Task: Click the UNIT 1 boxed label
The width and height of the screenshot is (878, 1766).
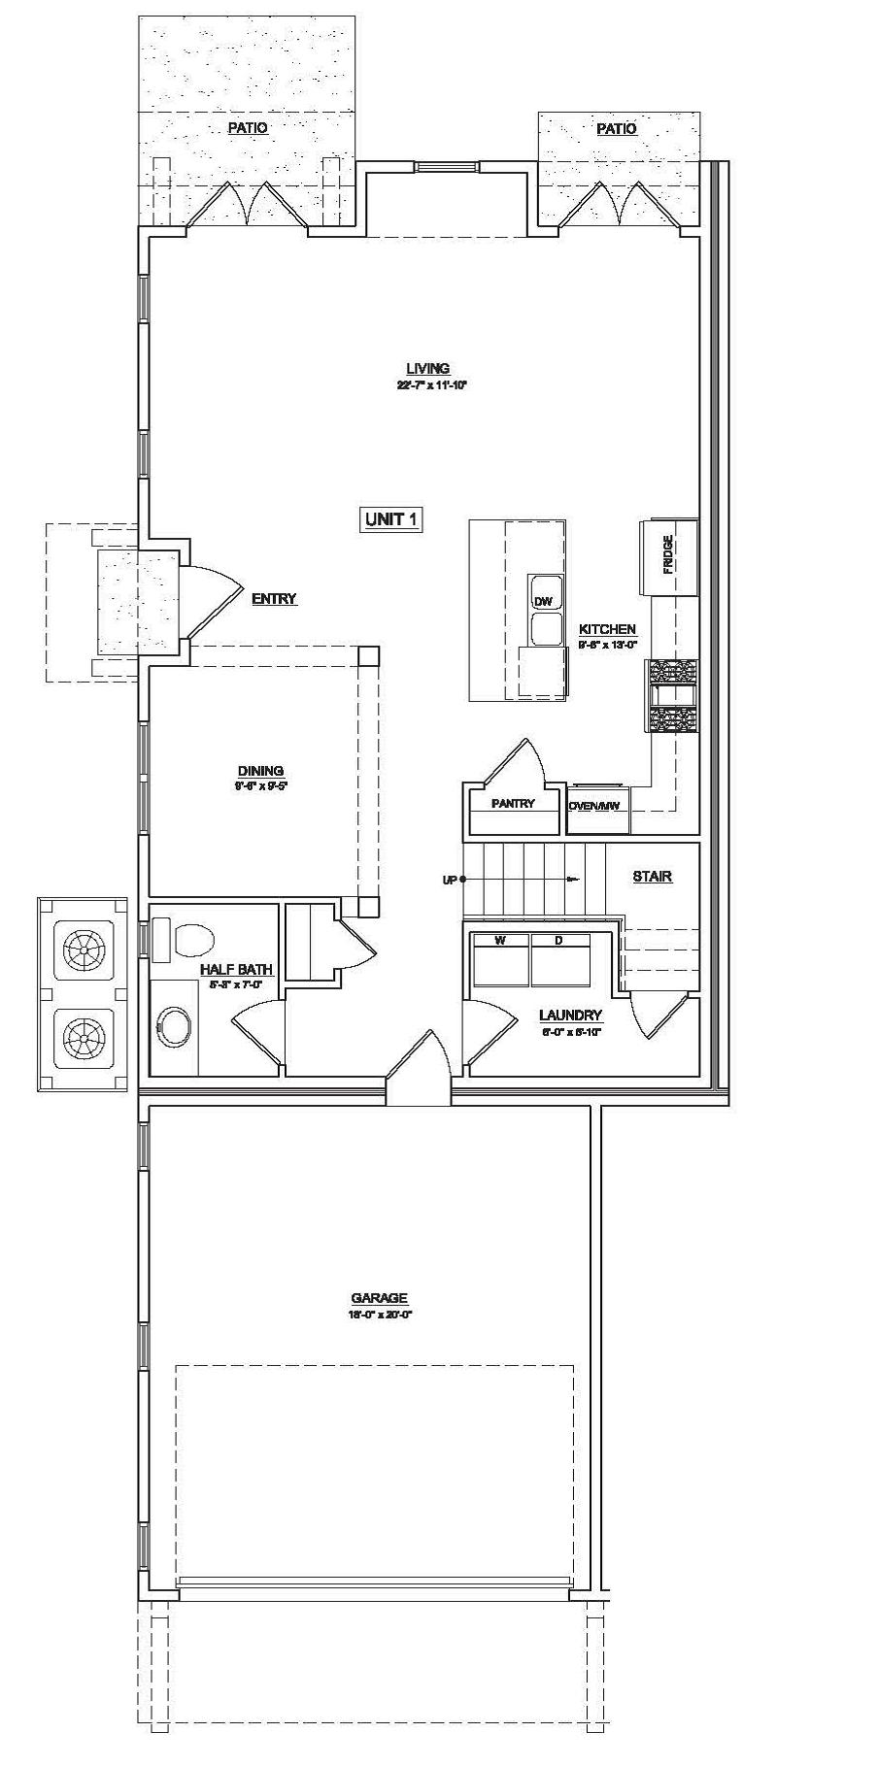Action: tap(392, 520)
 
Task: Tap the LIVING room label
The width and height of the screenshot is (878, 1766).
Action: tap(428, 369)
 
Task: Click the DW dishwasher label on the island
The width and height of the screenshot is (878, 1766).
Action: tap(542, 602)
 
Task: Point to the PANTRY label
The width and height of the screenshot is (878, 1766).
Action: tap(513, 804)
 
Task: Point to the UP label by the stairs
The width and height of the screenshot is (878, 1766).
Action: tap(450, 881)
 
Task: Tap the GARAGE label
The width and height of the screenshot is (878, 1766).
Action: tap(379, 1298)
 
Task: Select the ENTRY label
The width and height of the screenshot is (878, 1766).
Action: tap(274, 599)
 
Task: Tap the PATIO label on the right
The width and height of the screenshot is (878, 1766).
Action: tap(617, 129)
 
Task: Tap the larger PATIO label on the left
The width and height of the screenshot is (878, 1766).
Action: tap(248, 127)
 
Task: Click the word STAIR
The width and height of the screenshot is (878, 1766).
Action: tap(653, 877)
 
